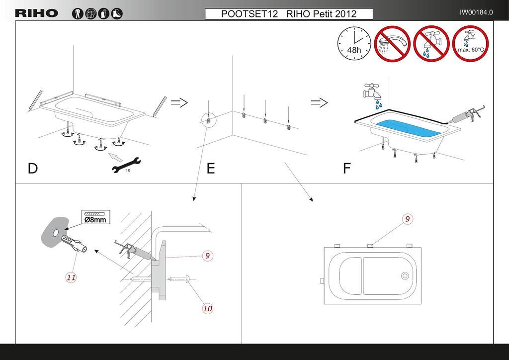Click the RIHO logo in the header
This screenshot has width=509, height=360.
[x=37, y=13]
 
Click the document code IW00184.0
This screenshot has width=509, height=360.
[x=476, y=12]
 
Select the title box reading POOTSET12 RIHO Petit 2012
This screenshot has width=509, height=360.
[x=289, y=14]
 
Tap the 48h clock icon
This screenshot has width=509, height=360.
[x=354, y=43]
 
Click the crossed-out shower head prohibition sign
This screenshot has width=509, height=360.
[x=391, y=43]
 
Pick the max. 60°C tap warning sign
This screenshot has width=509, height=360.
[x=470, y=43]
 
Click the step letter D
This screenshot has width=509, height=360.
[x=33, y=169]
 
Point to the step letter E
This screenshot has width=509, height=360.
[x=211, y=169]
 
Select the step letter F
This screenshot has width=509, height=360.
[x=346, y=169]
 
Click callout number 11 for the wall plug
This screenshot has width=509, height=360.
[x=71, y=277]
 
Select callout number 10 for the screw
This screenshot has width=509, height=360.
[x=207, y=308]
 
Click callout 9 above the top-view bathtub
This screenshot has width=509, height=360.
[x=407, y=218]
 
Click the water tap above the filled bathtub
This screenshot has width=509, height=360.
[x=373, y=91]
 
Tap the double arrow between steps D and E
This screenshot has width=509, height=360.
[x=179, y=103]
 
